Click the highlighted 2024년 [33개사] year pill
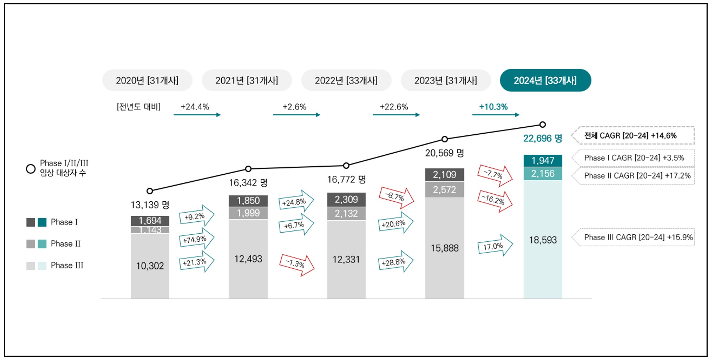pyautogui.click(x=545, y=80)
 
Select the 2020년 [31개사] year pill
pyautogui.click(x=147, y=80)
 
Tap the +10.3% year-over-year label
pyautogui.click(x=493, y=107)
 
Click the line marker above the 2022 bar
pyautogui.click(x=346, y=166)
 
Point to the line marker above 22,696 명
pyautogui.click(x=542, y=124)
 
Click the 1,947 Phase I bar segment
pyautogui.click(x=542, y=161)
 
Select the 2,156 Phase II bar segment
pyautogui.click(x=542, y=174)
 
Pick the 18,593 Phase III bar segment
pyautogui.click(x=542, y=240)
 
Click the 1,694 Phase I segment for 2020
pyautogui.click(x=150, y=221)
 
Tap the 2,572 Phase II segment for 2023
pyautogui.click(x=444, y=190)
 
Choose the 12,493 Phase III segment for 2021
pyautogui.click(x=248, y=259)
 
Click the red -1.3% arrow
pyautogui.click(x=296, y=264)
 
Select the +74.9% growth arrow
pyautogui.click(x=196, y=239)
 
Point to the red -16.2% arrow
pyautogui.click(x=495, y=201)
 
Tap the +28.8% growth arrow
pyautogui.click(x=395, y=262)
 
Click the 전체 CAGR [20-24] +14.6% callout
pyautogui.click(x=633, y=136)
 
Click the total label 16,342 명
pyautogui.click(x=248, y=183)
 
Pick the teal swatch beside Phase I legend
pyautogui.click(x=42, y=222)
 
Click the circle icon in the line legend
pyautogui.click(x=31, y=169)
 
